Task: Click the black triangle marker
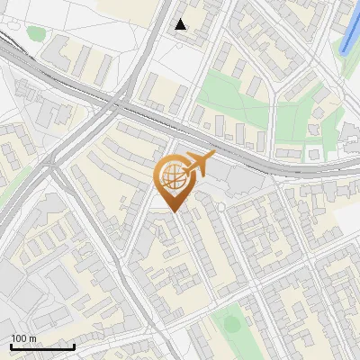[181, 24]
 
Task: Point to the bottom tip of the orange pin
[171, 213]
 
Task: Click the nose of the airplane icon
[214, 157]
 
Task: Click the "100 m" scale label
[24, 338]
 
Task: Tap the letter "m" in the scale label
[33, 338]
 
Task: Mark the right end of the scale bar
[74, 346]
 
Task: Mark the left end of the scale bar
[11, 346]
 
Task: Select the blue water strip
[349, 27]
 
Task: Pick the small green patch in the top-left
[36, 34]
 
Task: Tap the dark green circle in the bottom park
[231, 322]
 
